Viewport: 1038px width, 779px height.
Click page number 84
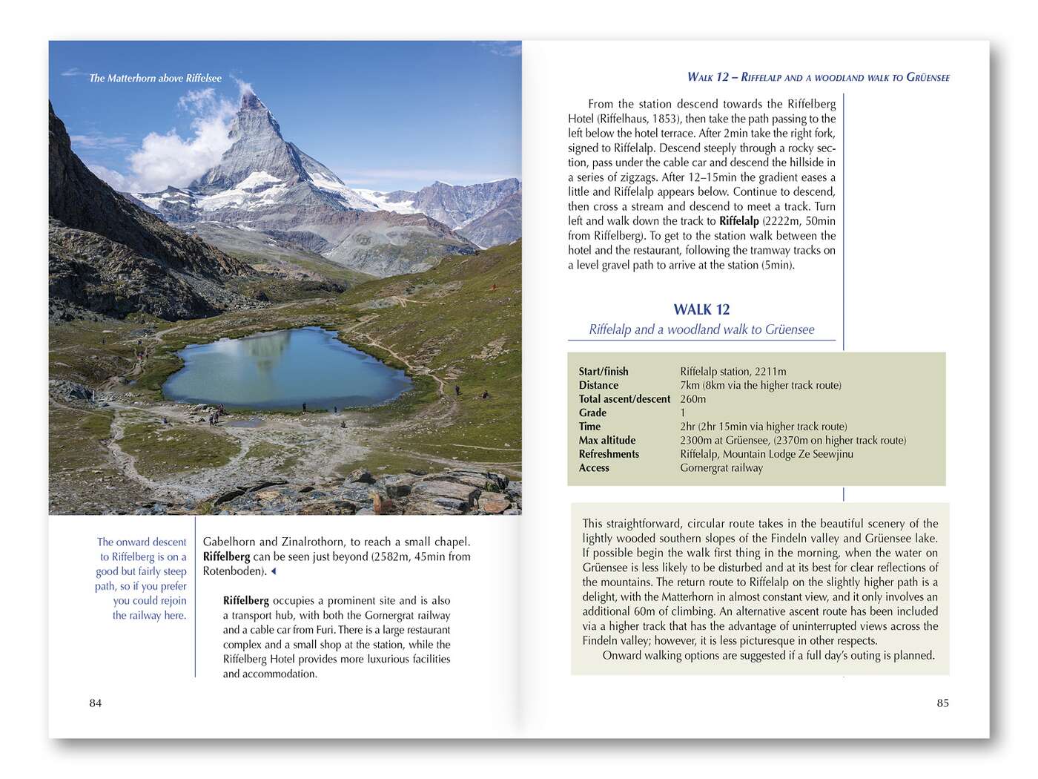pyautogui.click(x=96, y=703)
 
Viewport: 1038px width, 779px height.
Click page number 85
pyautogui.click(x=942, y=703)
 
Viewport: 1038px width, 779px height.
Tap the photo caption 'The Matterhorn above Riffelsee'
pyautogui.click(x=156, y=78)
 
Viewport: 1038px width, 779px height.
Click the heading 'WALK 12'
pyautogui.click(x=701, y=309)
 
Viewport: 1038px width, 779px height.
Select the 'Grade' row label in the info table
pyautogui.click(x=592, y=412)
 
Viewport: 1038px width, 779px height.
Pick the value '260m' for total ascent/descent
pyautogui.click(x=693, y=399)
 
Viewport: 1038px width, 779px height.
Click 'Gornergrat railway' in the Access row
pyautogui.click(x=721, y=468)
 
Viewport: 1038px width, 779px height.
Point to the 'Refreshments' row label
pyautogui.click(x=609, y=454)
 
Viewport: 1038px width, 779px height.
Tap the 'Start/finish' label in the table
pyautogui.click(x=604, y=372)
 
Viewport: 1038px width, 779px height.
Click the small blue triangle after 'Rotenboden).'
pyautogui.click(x=274, y=571)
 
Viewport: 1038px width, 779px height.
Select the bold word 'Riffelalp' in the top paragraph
pyautogui.click(x=738, y=221)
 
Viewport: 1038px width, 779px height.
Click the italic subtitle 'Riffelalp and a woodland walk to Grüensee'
pyautogui.click(x=701, y=329)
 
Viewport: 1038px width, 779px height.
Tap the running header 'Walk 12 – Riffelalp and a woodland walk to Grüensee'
pyautogui.click(x=818, y=77)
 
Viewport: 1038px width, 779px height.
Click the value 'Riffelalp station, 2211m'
pyautogui.click(x=733, y=372)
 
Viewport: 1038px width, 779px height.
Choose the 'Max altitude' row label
pyautogui.click(x=607, y=441)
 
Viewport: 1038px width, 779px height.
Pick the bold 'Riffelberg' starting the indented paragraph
pyautogui.click(x=246, y=601)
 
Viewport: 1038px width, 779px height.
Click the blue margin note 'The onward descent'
pyautogui.click(x=142, y=542)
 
